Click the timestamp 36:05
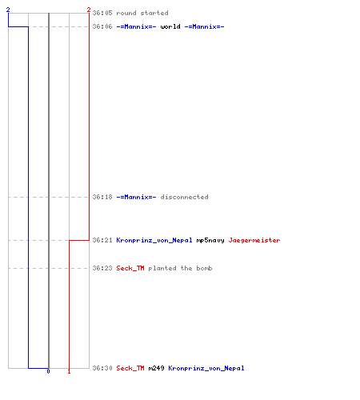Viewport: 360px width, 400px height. [x=102, y=13]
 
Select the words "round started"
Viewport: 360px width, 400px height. [x=142, y=13]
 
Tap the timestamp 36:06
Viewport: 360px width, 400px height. [x=102, y=26]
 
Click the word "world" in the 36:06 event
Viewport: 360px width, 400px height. [x=170, y=26]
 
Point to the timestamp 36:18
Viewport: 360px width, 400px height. [x=102, y=197]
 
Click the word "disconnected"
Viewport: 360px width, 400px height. [x=185, y=197]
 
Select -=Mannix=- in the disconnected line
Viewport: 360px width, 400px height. [x=137, y=197]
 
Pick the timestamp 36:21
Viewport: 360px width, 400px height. [x=102, y=240]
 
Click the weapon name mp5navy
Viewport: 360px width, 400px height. [x=210, y=240]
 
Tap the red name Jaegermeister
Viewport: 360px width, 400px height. [x=254, y=240]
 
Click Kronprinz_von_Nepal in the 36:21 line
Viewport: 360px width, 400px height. [x=154, y=240]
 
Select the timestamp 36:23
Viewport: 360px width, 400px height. [x=102, y=268]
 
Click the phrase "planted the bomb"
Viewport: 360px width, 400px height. [x=181, y=268]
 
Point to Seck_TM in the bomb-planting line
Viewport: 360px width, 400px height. [x=130, y=268]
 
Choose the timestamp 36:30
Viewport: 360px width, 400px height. [x=102, y=368]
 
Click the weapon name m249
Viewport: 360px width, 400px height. [x=157, y=368]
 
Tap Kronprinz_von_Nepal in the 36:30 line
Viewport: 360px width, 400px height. [x=206, y=368]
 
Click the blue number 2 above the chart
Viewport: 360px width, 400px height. [x=8, y=10]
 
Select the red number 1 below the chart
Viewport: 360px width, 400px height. [x=69, y=371]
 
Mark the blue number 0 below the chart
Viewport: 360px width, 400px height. [x=48, y=371]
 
